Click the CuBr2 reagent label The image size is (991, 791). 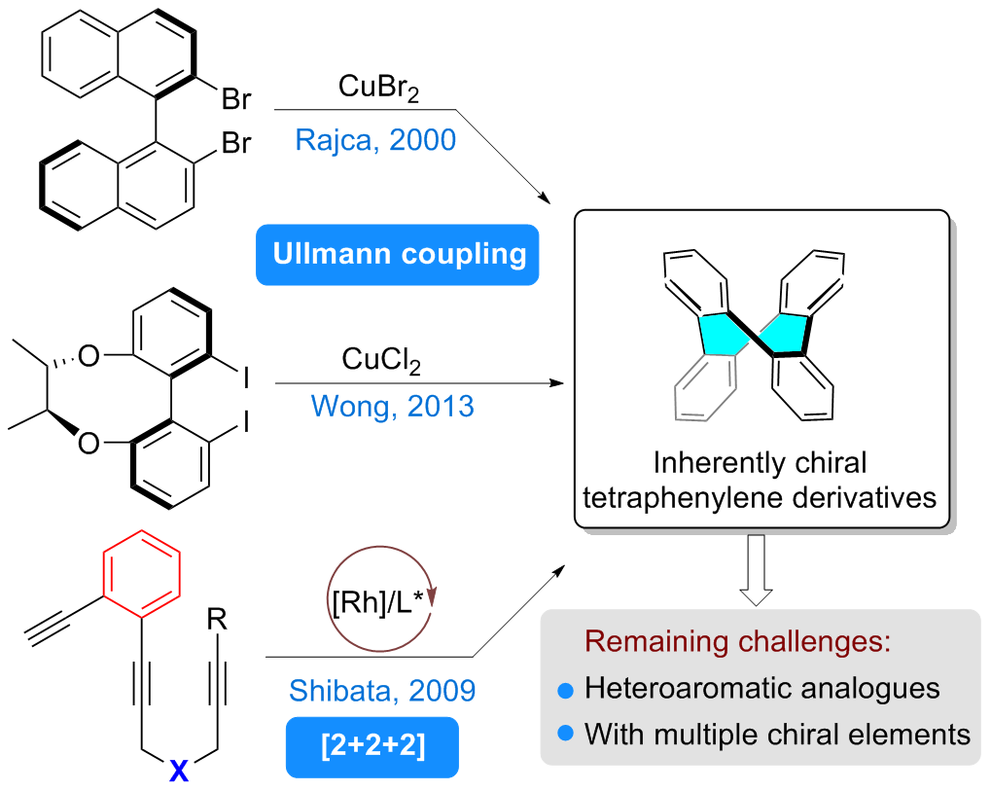click(x=378, y=88)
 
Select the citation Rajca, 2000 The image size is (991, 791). click(x=375, y=140)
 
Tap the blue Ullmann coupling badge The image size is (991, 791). click(x=398, y=254)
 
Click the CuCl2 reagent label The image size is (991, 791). click(x=381, y=360)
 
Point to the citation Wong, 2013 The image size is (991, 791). click(x=392, y=406)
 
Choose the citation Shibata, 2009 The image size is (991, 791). click(x=382, y=691)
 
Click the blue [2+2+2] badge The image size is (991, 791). click(x=372, y=747)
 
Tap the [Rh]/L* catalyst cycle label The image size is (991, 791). click(x=378, y=600)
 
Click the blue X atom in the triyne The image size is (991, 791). click(x=179, y=771)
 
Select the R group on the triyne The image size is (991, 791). click(x=217, y=620)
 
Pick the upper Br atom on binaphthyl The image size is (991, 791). click(x=236, y=99)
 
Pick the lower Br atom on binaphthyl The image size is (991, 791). click(x=236, y=143)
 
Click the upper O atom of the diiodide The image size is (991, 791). click(x=88, y=356)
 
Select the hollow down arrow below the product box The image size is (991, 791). click(x=756, y=570)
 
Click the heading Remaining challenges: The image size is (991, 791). click(x=737, y=641)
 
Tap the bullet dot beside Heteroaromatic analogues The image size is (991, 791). click(x=566, y=691)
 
